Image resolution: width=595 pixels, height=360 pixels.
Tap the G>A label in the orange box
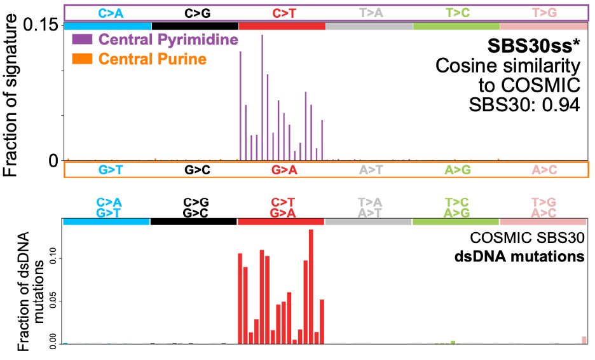(x=282, y=170)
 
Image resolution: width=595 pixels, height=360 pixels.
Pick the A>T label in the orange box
(x=369, y=170)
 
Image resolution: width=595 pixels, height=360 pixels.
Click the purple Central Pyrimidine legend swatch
(x=83, y=40)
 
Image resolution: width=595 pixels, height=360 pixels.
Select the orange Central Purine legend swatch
(x=83, y=59)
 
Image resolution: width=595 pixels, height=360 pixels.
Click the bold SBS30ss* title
(x=533, y=46)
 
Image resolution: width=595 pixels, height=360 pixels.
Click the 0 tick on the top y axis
(x=53, y=160)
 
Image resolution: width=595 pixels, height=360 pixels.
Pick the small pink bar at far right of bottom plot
(x=584, y=340)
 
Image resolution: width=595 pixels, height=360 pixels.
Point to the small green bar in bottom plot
(x=453, y=342)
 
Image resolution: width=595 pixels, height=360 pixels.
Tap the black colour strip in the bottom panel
(x=193, y=221)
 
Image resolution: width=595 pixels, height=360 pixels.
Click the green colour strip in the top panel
(x=456, y=25)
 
